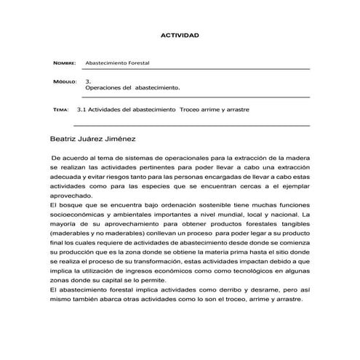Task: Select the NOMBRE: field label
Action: [x=65, y=64]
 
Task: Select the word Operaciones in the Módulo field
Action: [x=104, y=87]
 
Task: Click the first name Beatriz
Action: [x=66, y=137]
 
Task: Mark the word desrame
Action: [x=265, y=289]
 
